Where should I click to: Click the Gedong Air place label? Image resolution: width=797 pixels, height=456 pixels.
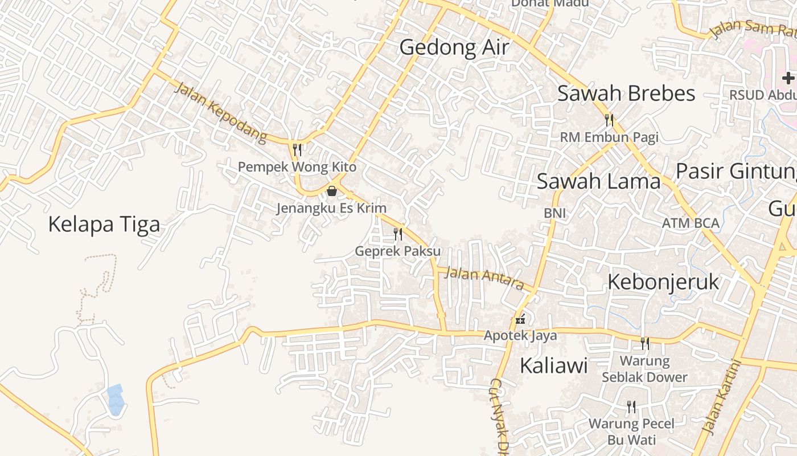(x=454, y=47)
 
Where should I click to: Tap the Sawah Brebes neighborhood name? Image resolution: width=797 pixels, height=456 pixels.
(x=626, y=93)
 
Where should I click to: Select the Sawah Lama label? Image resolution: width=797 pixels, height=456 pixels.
(x=598, y=181)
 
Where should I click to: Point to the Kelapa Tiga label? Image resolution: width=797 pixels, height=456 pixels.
(x=104, y=224)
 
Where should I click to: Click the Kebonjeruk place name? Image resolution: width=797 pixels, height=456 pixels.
(x=663, y=282)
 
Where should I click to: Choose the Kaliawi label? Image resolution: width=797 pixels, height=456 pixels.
(x=553, y=365)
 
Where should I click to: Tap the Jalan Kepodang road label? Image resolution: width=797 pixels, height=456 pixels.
(x=220, y=112)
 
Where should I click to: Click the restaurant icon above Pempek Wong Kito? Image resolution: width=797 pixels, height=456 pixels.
(x=297, y=150)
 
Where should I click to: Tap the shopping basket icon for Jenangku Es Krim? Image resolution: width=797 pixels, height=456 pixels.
(x=331, y=191)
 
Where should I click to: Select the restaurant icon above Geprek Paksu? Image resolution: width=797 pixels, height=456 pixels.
(x=398, y=234)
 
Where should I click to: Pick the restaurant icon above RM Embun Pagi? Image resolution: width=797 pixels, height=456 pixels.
(x=609, y=120)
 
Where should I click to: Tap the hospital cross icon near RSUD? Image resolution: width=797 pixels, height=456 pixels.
(x=788, y=78)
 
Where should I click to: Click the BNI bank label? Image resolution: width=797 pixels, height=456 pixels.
(x=554, y=213)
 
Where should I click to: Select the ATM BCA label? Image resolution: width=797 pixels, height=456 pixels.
(x=691, y=223)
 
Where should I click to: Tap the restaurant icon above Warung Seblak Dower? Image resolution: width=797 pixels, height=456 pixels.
(x=644, y=343)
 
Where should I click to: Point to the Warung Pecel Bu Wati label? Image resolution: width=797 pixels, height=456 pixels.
(x=631, y=431)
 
